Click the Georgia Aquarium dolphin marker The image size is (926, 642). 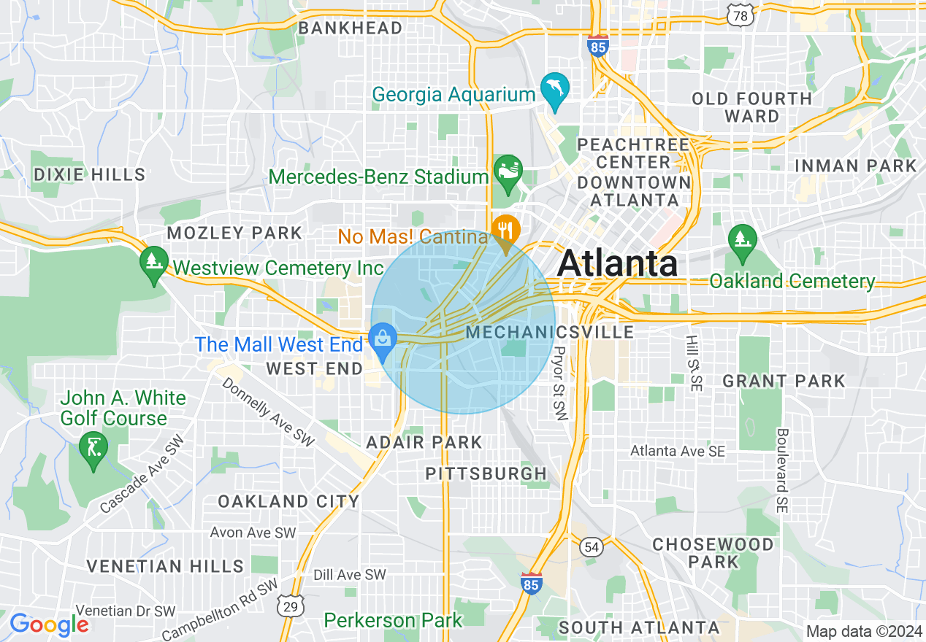point(555,89)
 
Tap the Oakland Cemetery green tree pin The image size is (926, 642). point(743,239)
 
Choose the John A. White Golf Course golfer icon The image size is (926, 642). point(93,446)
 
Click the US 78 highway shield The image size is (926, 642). point(741,14)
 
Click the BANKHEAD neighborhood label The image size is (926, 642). point(351,28)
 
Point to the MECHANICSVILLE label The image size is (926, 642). point(550,333)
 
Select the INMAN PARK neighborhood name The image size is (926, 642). point(855,166)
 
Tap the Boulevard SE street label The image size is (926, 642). point(782,471)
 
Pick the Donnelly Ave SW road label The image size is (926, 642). point(267,411)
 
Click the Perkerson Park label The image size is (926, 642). point(393,621)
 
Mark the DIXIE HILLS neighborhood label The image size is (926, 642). point(89,174)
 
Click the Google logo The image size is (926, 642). point(49,624)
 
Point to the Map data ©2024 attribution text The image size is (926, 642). point(863,631)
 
